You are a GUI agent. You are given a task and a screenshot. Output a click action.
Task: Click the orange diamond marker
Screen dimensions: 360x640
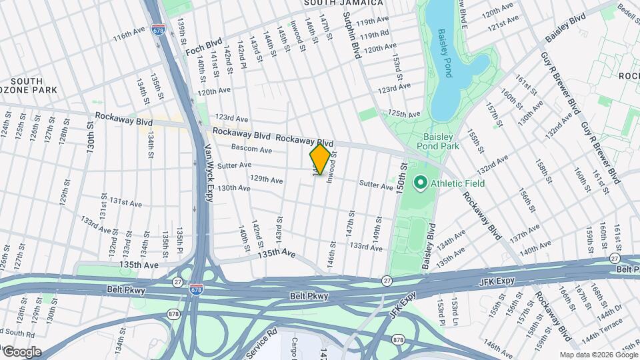pyautogui.click(x=320, y=159)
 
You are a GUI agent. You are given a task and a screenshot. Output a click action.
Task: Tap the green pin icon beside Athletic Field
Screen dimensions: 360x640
pyautogui.click(x=421, y=182)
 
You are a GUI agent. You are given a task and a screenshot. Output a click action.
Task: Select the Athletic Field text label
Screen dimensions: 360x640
pyautogui.click(x=457, y=183)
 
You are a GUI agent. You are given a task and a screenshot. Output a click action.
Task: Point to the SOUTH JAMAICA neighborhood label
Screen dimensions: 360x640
pyautogui.click(x=344, y=3)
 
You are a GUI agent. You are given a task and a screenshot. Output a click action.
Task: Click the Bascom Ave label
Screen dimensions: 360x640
pyautogui.click(x=251, y=148)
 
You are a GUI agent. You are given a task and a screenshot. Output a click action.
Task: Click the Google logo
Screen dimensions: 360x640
pyautogui.click(x=21, y=352)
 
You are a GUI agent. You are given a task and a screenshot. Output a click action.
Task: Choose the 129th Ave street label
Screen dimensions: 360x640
pyautogui.click(x=266, y=180)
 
